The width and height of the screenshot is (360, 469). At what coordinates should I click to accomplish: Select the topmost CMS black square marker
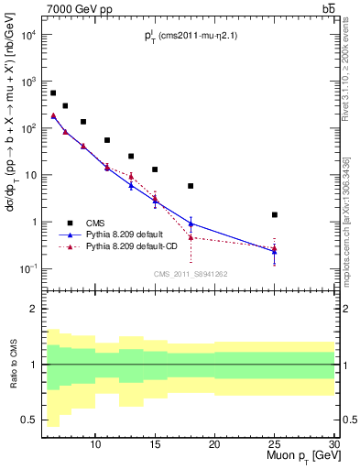(53, 93)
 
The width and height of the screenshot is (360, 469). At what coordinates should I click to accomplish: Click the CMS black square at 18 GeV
(191, 186)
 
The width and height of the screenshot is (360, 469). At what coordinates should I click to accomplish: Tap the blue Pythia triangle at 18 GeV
(191, 224)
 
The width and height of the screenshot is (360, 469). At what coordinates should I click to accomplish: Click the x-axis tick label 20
(214, 443)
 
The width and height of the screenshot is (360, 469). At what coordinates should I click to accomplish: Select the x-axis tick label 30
(333, 443)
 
